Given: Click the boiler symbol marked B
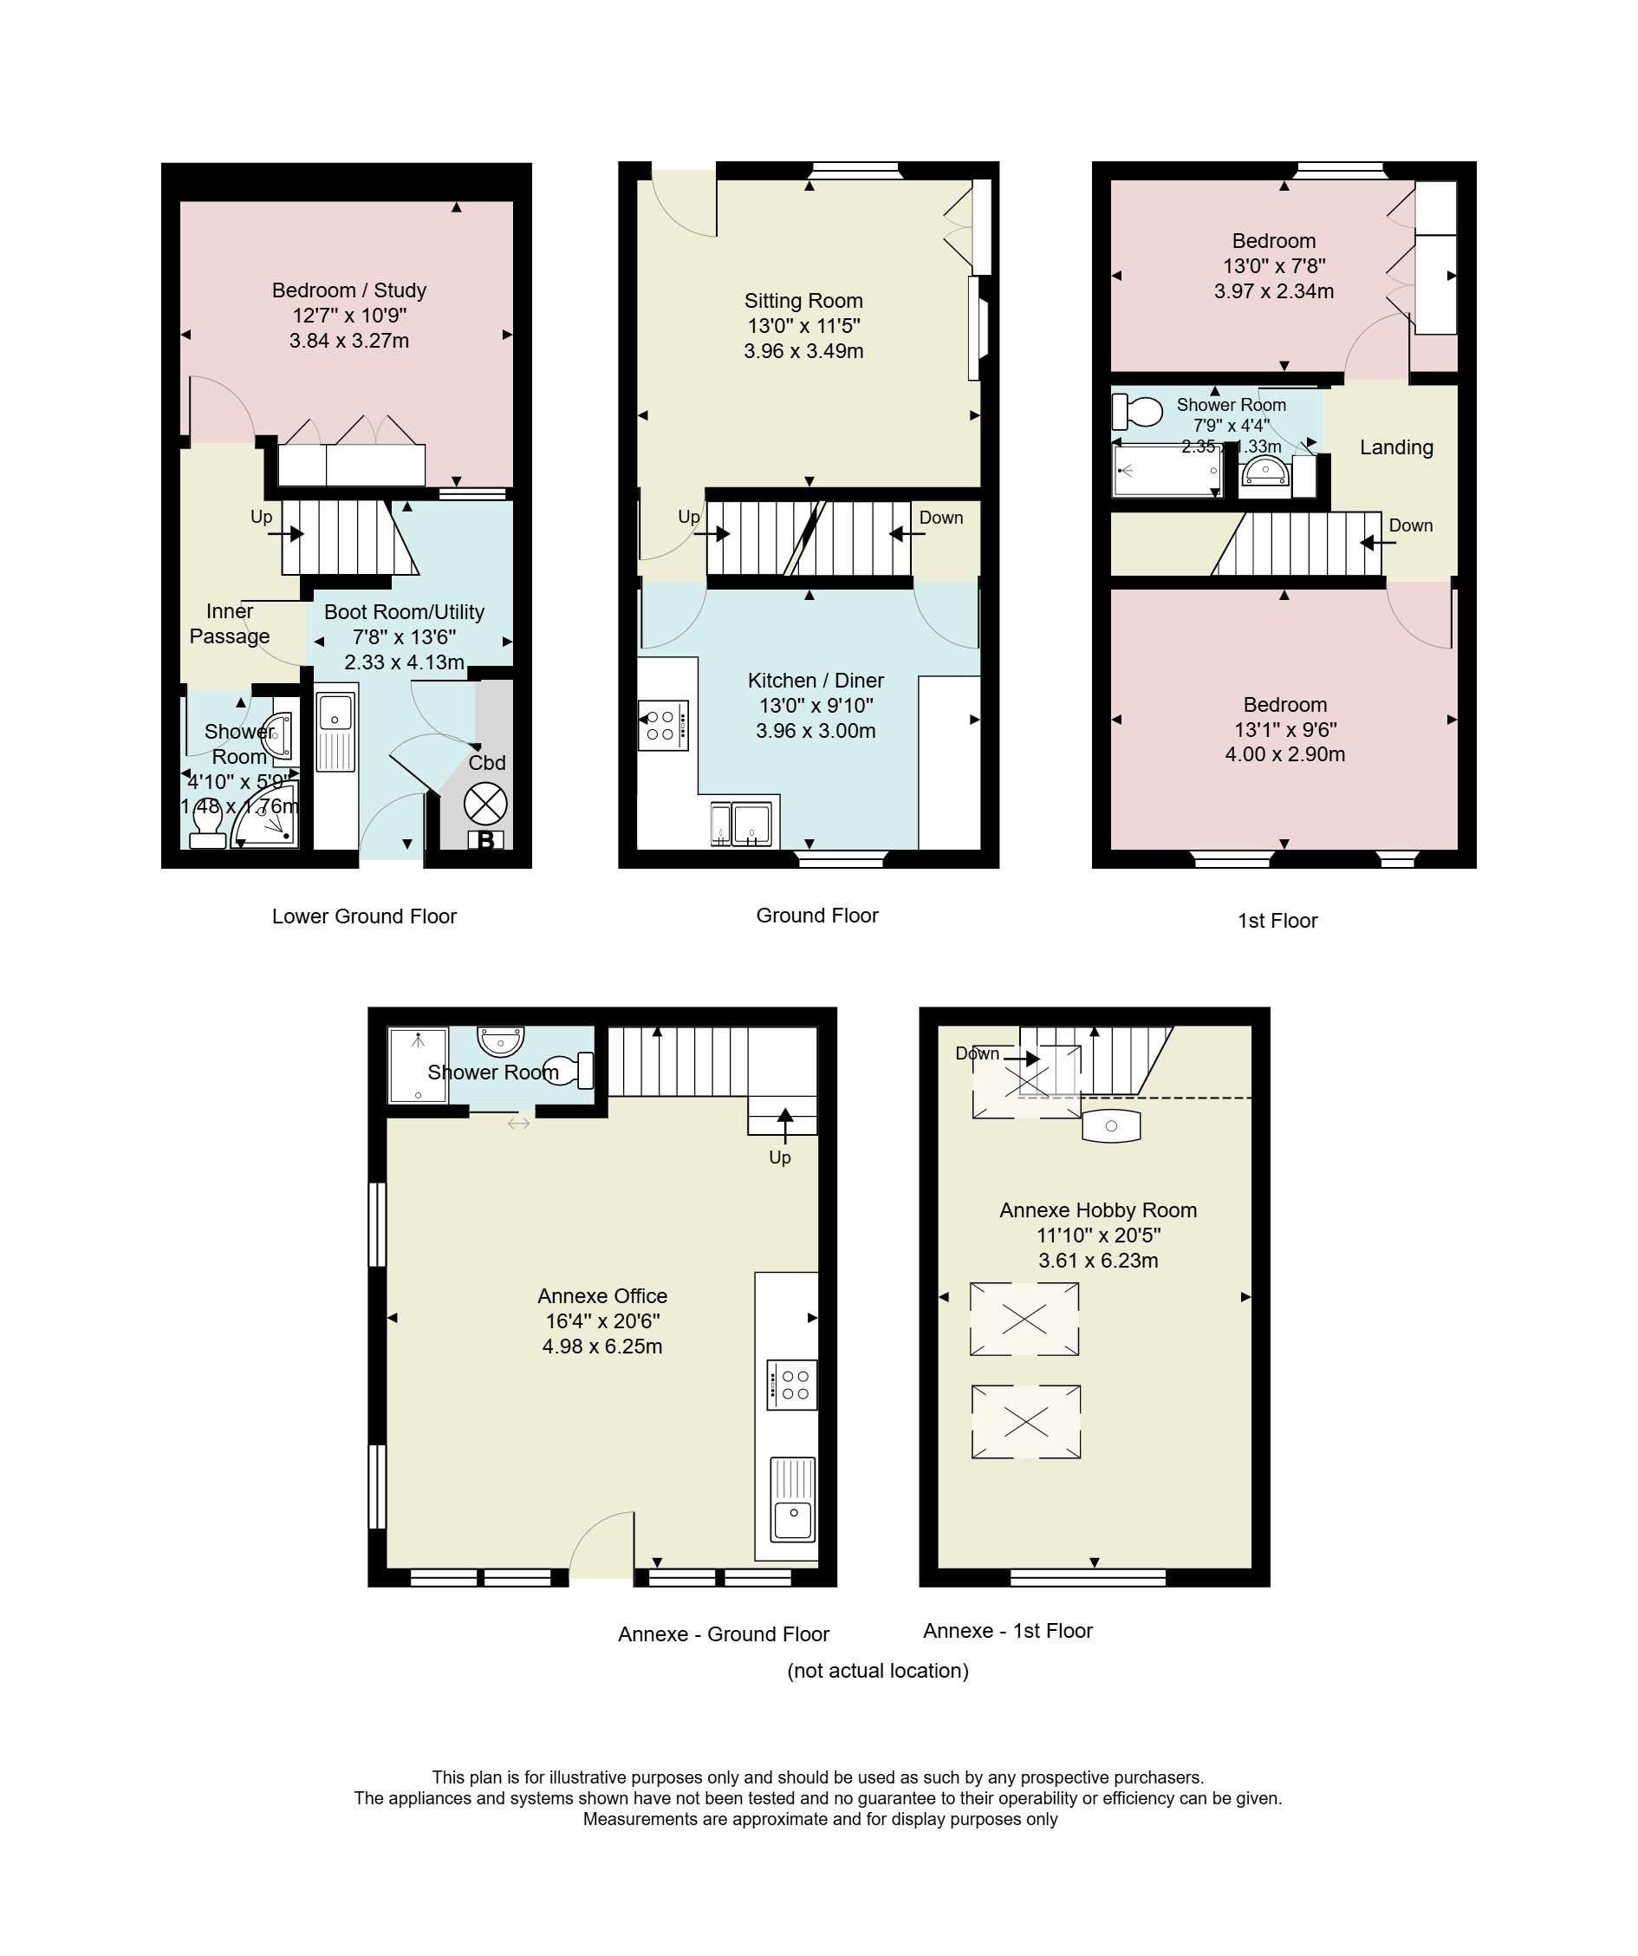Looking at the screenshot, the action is pos(485,840).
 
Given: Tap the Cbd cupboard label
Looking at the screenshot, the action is pos(487,763).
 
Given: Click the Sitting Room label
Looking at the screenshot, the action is pos(803,301).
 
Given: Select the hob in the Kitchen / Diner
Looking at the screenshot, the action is pos(663,725).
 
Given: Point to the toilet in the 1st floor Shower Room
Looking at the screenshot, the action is pos(1137,411).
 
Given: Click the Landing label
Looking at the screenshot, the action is pos(1396,447).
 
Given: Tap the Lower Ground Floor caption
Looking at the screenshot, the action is pos(364,916).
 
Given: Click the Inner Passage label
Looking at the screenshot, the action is pos(230,624).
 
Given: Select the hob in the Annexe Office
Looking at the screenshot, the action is pos(792,1385).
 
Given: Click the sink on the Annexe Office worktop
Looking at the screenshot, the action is pos(792,1500).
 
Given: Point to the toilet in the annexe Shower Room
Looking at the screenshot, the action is pos(568,1070).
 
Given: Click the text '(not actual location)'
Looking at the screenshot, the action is pos(878,1670).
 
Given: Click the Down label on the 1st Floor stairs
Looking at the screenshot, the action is pos(1411,525).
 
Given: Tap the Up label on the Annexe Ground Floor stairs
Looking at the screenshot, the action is pos(779,1157).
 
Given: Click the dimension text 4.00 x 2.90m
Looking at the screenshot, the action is pos(1285,754).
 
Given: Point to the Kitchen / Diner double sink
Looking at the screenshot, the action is pos(744,823).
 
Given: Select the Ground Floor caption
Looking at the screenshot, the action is pos(817,916).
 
